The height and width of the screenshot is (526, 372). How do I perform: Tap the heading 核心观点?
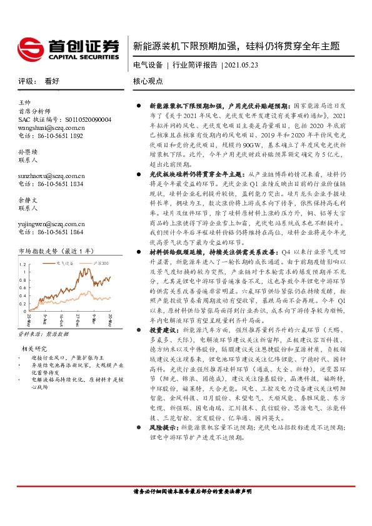(148, 81)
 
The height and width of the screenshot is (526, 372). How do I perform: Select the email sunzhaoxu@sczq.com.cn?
(52, 176)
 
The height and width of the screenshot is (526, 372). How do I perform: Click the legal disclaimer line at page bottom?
(193, 492)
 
